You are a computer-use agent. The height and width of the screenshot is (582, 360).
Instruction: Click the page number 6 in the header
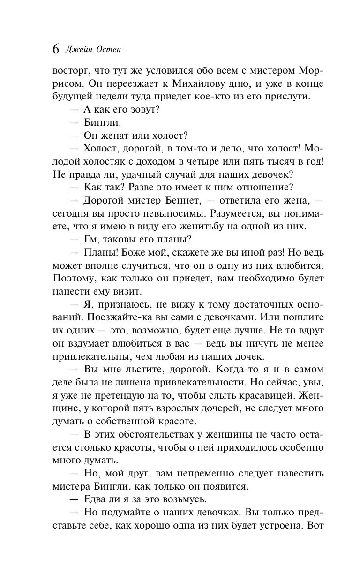pyautogui.click(x=56, y=49)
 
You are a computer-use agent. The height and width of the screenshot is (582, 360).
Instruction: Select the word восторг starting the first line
pyautogui.click(x=72, y=71)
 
